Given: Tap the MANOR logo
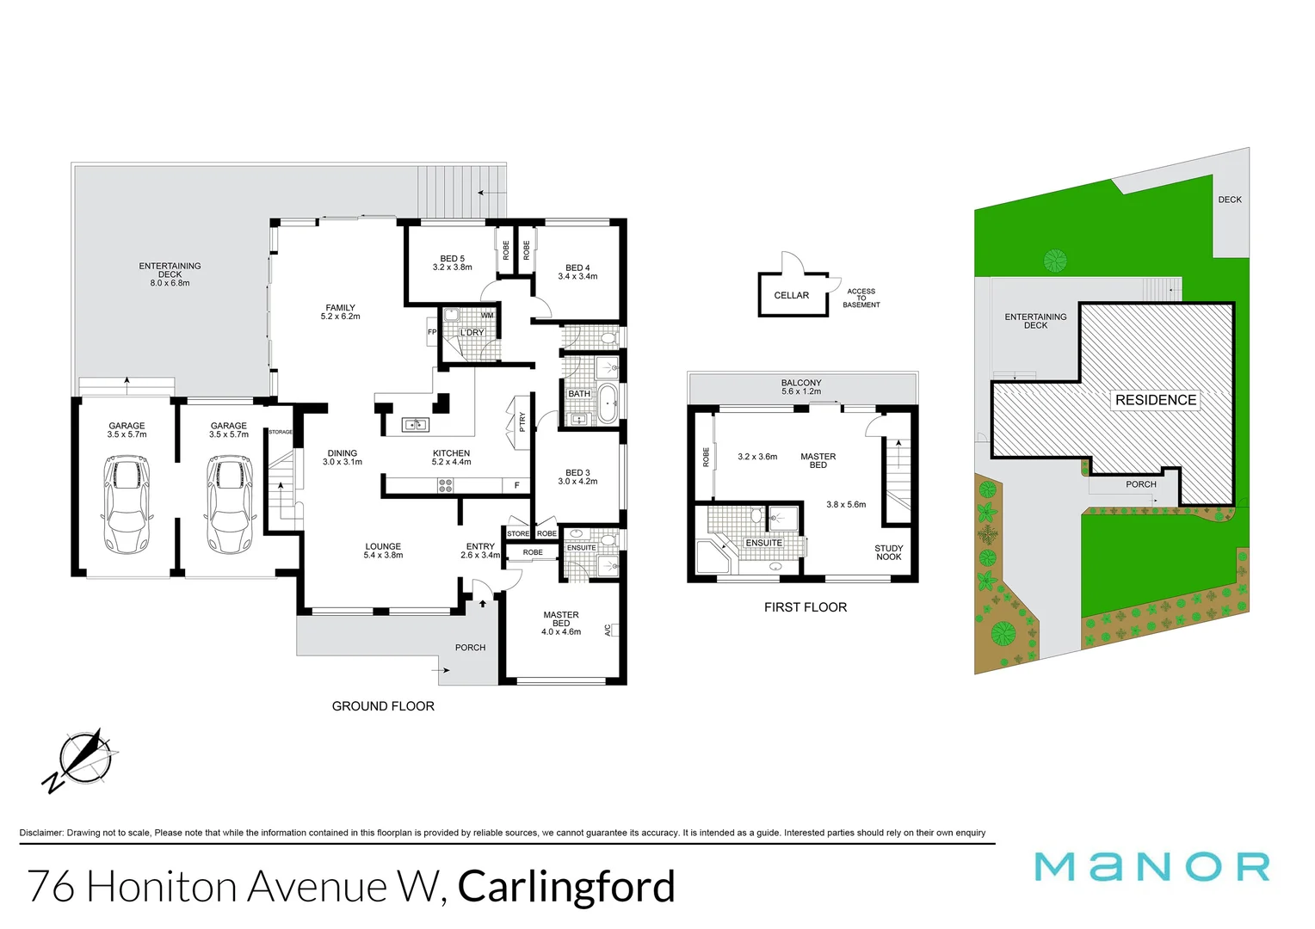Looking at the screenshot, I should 1151,866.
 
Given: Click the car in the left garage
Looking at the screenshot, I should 127,504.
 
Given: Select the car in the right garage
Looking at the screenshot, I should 229,504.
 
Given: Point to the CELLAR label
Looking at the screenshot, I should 791,295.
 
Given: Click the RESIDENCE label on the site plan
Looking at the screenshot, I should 1155,400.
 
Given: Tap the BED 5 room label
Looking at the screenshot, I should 452,262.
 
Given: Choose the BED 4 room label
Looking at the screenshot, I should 577,272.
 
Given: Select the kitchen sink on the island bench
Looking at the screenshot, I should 416,424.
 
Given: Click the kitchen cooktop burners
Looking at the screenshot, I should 445,485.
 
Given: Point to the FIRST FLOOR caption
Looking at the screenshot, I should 805,607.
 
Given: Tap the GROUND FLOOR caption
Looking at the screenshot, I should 383,706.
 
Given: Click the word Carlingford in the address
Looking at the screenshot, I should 566,887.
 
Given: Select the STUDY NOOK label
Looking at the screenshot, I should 888,552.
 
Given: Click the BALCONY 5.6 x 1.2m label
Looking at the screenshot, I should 800,387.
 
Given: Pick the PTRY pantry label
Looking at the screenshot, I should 522,421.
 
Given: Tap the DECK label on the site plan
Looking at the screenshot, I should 1229,200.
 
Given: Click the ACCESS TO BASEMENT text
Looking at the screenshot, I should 861,298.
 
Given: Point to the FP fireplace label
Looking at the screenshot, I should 432,332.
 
